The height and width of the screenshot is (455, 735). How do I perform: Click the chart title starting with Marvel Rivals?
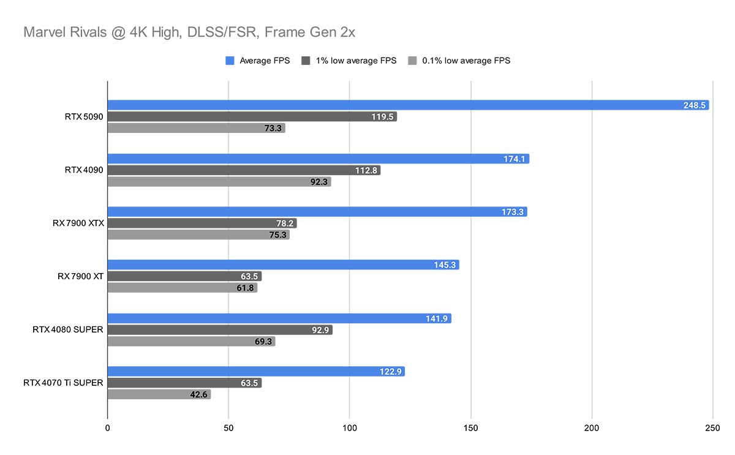[189, 32]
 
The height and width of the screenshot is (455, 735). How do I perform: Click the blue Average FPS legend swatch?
[230, 61]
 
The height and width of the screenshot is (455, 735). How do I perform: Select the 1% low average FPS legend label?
[356, 61]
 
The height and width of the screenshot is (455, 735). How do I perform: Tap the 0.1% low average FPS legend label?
[466, 61]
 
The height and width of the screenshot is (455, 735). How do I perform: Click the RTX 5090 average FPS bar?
[408, 105]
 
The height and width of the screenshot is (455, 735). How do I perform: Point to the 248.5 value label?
[695, 105]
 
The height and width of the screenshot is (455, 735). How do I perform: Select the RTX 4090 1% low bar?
[244, 170]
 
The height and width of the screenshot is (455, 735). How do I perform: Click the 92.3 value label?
[318, 182]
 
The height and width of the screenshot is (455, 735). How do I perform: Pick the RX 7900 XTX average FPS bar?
[317, 212]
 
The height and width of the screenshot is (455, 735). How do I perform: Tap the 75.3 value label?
[276, 235]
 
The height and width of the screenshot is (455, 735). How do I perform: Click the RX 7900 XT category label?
[81, 276]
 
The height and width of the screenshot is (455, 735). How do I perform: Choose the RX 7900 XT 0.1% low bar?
[183, 288]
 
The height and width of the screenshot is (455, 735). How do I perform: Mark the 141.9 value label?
[438, 318]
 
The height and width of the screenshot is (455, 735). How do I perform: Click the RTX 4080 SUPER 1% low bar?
[220, 330]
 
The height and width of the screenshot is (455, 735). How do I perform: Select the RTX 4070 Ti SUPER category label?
[63, 383]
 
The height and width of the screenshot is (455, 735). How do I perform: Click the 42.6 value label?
[198, 394]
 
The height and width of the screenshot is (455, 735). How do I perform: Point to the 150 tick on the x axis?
[470, 427]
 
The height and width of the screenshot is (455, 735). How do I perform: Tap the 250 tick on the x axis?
[713, 427]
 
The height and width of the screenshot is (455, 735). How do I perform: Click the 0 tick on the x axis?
[108, 427]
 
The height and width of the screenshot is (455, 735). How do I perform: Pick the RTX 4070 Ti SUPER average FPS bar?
[256, 372]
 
